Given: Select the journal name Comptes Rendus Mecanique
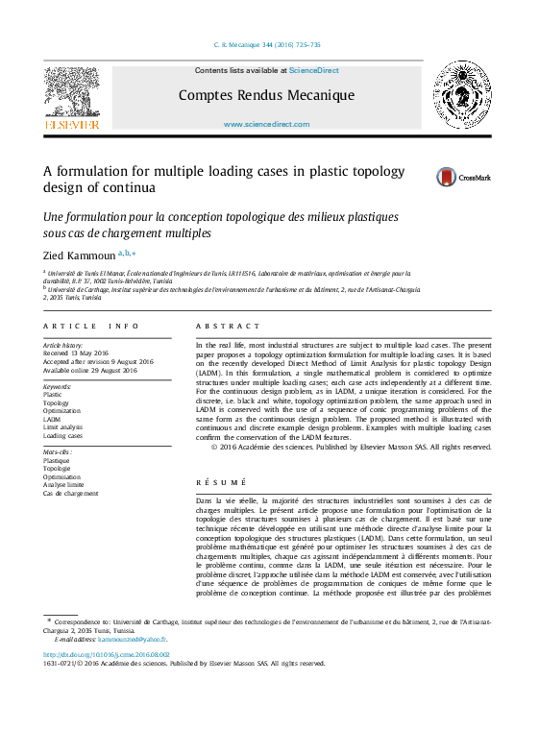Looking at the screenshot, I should (x=266, y=95).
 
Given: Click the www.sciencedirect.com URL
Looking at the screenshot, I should (x=266, y=125).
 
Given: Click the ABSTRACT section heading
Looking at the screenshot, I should (x=228, y=328).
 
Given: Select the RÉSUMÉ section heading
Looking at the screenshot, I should (x=220, y=481).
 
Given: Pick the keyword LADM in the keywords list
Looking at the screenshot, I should (x=53, y=419).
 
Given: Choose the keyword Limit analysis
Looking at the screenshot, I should (x=63, y=427).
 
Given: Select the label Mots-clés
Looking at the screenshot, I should (x=57, y=451).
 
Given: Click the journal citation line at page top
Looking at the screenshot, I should (x=266, y=45).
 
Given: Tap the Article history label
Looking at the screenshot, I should (x=63, y=345).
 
